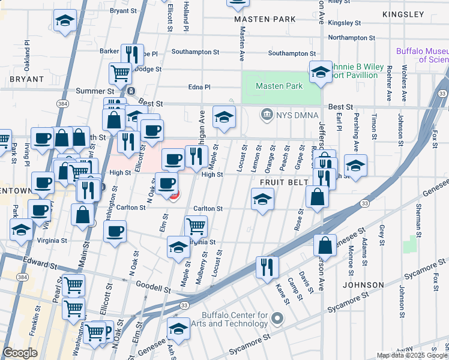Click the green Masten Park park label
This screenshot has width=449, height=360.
click(x=279, y=86)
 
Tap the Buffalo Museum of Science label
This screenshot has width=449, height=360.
click(x=422, y=56)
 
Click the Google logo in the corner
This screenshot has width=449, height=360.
click(x=20, y=353)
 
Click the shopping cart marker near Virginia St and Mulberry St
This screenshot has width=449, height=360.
click(x=196, y=227)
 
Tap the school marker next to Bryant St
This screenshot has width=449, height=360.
click(x=65, y=20)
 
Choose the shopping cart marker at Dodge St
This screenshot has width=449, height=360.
click(x=120, y=73)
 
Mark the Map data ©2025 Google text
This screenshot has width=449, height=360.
click(x=411, y=355)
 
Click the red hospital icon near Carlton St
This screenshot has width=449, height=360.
click(x=173, y=196)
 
